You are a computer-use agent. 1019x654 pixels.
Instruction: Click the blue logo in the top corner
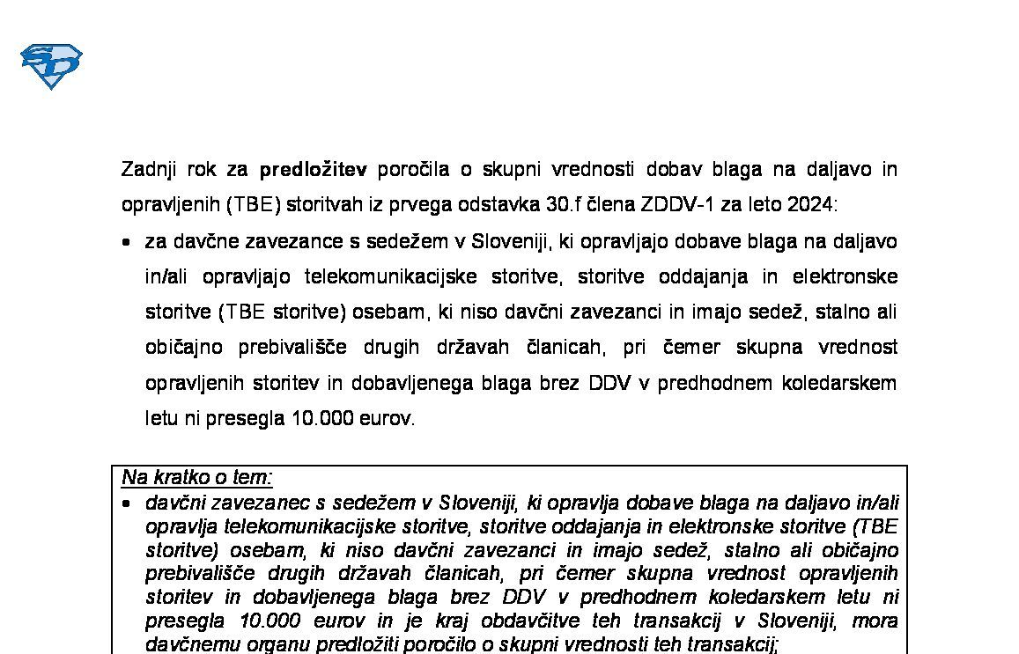coord(51,66)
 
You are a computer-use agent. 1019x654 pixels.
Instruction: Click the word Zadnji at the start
coord(148,168)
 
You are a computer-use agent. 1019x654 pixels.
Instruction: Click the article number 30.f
coord(565,204)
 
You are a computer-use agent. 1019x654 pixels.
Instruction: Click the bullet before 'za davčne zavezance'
coord(128,241)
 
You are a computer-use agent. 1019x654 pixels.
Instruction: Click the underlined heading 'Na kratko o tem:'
coord(197,478)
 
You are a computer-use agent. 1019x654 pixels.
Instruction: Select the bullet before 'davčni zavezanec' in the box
coord(128,503)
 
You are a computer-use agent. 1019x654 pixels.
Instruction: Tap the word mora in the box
coord(875,621)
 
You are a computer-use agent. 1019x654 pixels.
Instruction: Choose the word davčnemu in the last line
coord(186,644)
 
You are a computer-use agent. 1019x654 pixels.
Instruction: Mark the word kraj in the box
coord(495,621)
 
